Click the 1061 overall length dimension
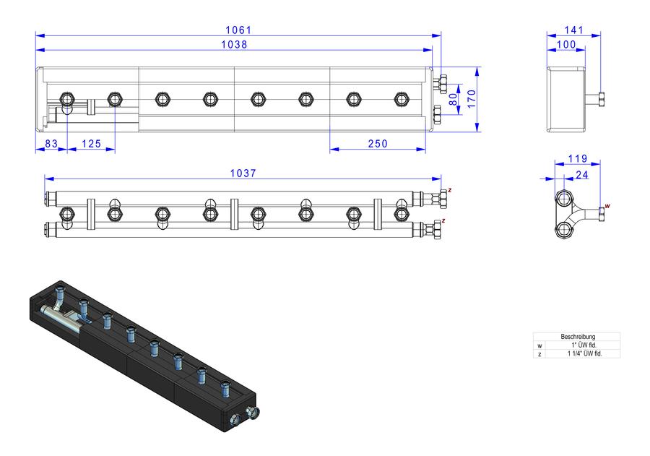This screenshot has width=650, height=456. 238,30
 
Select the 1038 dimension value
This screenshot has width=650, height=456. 234,44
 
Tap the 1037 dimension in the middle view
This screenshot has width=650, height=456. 243,173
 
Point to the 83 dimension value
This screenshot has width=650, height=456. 51,144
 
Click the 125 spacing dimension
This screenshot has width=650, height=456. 91,144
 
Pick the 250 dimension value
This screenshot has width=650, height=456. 378,144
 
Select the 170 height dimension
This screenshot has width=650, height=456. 472,99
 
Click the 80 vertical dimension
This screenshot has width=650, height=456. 454,99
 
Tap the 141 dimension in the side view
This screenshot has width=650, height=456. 574,30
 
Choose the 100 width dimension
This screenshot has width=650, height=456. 566,44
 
